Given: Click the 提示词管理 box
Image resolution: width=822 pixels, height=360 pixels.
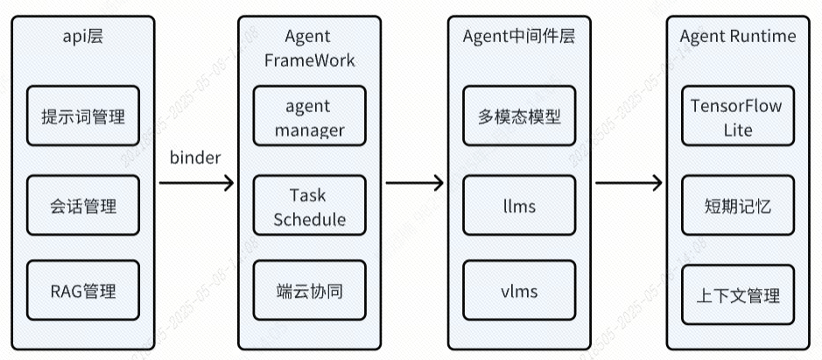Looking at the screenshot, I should click(83, 116).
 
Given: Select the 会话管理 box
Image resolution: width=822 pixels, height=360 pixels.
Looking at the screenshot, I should click(83, 206).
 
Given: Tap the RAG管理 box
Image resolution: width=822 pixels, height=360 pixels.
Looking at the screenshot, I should click(83, 290).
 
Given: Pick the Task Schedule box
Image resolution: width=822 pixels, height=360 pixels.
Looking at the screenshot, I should click(309, 207).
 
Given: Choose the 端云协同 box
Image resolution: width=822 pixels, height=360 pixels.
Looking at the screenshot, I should click(308, 290).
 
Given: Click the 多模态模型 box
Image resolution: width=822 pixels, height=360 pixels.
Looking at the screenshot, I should click(519, 116).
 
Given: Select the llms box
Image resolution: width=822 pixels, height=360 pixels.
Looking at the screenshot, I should click(519, 206).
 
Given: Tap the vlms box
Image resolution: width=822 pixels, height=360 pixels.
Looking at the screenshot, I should click(519, 290).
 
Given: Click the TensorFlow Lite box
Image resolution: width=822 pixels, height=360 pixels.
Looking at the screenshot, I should click(737, 117).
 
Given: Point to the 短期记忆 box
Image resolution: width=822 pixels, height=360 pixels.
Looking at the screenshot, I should click(737, 207).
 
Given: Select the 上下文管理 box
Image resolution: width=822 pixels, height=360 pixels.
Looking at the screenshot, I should click(737, 295).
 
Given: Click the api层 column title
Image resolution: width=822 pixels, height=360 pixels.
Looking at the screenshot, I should click(83, 36).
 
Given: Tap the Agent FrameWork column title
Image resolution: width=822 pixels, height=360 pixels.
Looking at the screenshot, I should click(309, 48).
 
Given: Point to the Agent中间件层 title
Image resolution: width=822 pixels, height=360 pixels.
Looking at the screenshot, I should click(519, 36).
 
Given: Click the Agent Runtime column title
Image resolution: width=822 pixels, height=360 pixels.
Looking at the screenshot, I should click(738, 36).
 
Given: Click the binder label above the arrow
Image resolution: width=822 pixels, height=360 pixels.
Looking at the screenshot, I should click(194, 158).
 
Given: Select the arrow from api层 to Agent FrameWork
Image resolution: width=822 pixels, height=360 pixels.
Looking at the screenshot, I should click(197, 182).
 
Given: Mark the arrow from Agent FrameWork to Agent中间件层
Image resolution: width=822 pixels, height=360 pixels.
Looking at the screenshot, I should click(414, 182).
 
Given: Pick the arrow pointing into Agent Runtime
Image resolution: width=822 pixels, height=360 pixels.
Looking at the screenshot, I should click(629, 182).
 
